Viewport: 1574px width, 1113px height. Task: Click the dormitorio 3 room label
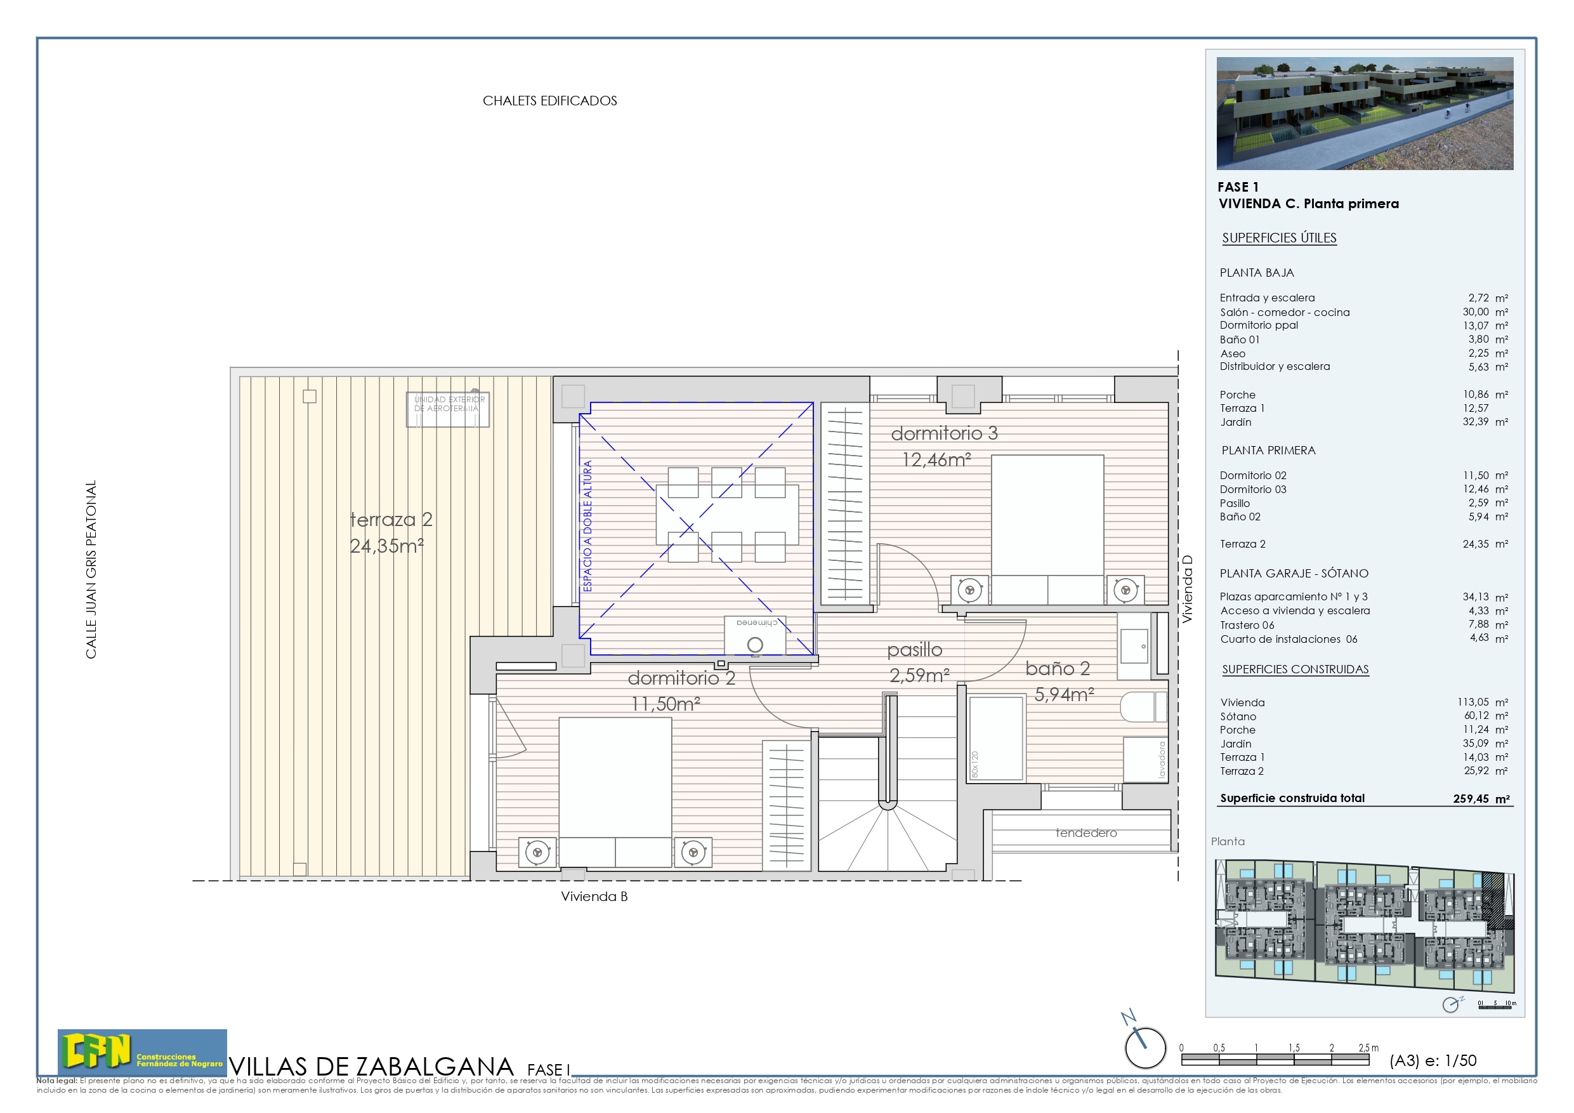pyautogui.click(x=944, y=433)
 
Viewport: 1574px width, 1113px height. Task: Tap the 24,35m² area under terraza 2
pyautogui.click(x=386, y=546)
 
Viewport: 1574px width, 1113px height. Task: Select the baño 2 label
pyautogui.click(x=1057, y=669)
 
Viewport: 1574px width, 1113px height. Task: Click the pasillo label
pyautogui.click(x=914, y=649)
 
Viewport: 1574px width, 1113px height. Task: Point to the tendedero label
pyautogui.click(x=1086, y=833)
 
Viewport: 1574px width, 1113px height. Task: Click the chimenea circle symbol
pyautogui.click(x=755, y=645)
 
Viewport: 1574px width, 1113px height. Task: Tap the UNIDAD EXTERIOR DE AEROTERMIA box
pyautogui.click(x=448, y=409)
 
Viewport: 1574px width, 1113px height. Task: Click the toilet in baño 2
pyautogui.click(x=1143, y=706)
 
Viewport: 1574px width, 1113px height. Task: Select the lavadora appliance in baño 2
pyautogui.click(x=1146, y=760)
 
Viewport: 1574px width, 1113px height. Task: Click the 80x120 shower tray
pyautogui.click(x=995, y=738)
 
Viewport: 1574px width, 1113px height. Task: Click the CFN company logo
pyautogui.click(x=142, y=1051)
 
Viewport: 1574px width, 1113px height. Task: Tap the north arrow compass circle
pyautogui.click(x=1145, y=1048)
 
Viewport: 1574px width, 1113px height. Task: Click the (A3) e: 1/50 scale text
pyautogui.click(x=1432, y=1060)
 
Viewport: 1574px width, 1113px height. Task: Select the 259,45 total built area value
pyautogui.click(x=1471, y=799)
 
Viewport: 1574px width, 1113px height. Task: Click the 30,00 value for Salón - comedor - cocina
pyautogui.click(x=1475, y=312)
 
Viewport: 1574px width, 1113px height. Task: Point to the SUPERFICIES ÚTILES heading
pyautogui.click(x=1279, y=238)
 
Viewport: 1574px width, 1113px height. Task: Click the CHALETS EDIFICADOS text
pyautogui.click(x=550, y=101)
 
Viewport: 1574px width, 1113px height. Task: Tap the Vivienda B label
pyautogui.click(x=594, y=896)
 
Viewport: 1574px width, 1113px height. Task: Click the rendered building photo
pyautogui.click(x=1364, y=113)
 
